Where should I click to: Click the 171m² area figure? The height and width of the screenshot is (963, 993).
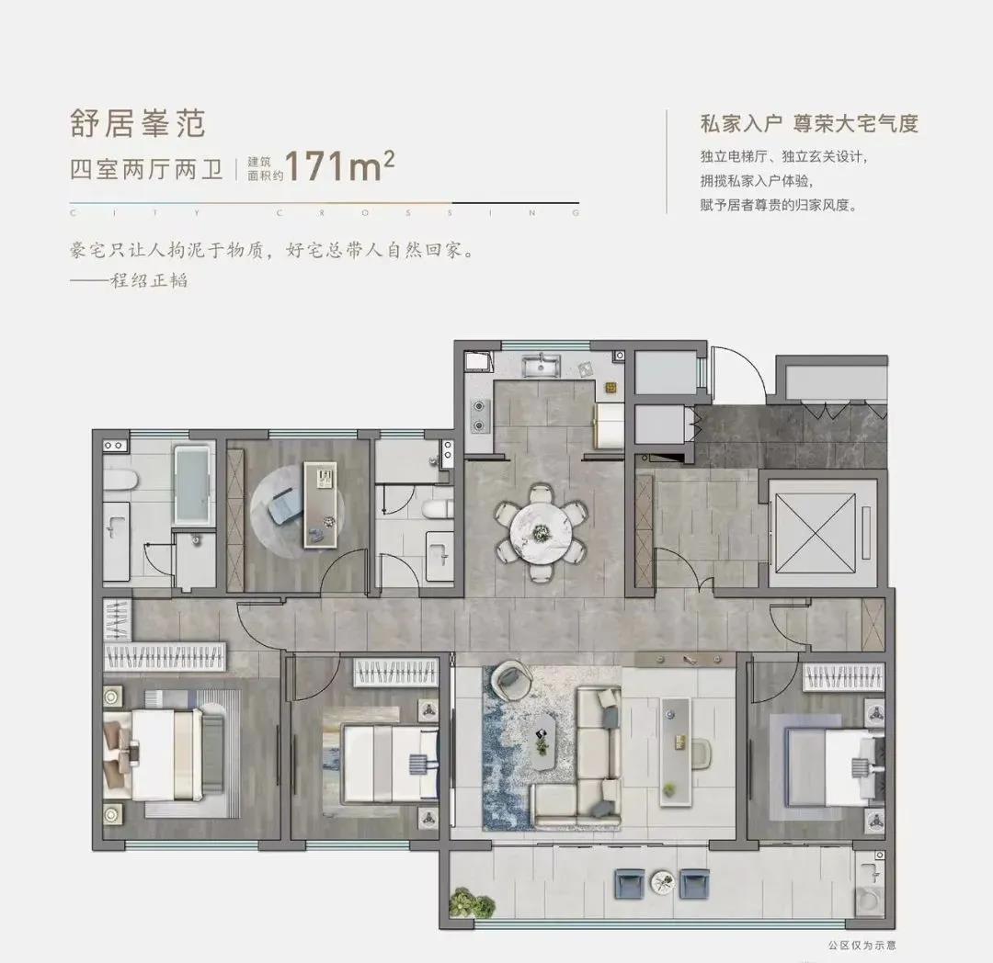coord(340,165)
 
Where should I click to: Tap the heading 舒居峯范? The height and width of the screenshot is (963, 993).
coord(137,123)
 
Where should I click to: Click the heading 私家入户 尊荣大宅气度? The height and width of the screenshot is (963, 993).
coord(809,123)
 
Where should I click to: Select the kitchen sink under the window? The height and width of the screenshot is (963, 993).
coord(541,367)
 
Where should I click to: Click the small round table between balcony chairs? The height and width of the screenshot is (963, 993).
coord(662,880)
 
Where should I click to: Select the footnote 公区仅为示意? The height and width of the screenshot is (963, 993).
coord(862,946)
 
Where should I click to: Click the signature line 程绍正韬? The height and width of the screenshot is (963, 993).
coord(150,279)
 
